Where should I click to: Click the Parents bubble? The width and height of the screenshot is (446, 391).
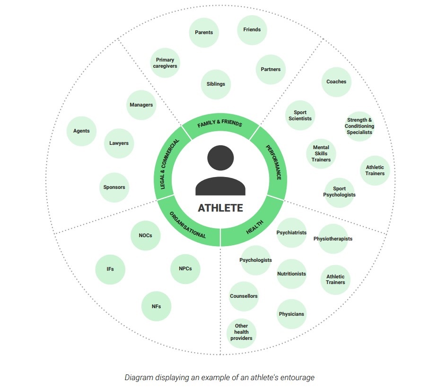[204, 33]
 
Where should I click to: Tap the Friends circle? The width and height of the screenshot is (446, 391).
[252, 29]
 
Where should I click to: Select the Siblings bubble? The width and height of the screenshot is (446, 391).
[216, 84]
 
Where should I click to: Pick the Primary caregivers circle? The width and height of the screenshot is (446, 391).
[165, 63]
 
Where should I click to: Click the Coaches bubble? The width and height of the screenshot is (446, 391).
[336, 82]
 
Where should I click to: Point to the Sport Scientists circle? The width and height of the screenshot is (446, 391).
[300, 116]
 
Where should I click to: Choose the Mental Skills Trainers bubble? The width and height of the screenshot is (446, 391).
[321, 153]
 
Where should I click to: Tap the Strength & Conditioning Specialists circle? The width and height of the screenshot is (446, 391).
[359, 126]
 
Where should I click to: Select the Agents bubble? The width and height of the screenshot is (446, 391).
[81, 131]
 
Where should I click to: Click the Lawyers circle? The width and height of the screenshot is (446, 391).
[119, 143]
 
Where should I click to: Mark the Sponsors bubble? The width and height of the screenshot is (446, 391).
[114, 187]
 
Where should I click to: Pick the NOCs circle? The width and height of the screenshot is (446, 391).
[146, 235]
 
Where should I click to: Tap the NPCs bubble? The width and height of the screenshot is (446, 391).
[185, 269]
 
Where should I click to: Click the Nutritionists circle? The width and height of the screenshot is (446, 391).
[291, 274]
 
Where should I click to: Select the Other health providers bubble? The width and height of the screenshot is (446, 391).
[241, 332]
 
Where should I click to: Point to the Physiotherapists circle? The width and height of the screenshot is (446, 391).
[333, 239]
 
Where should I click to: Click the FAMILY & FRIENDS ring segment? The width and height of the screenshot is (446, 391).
[220, 124]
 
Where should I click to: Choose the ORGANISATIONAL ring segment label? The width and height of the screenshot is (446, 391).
[188, 224]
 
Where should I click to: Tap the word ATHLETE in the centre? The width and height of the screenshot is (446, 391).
[220, 208]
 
